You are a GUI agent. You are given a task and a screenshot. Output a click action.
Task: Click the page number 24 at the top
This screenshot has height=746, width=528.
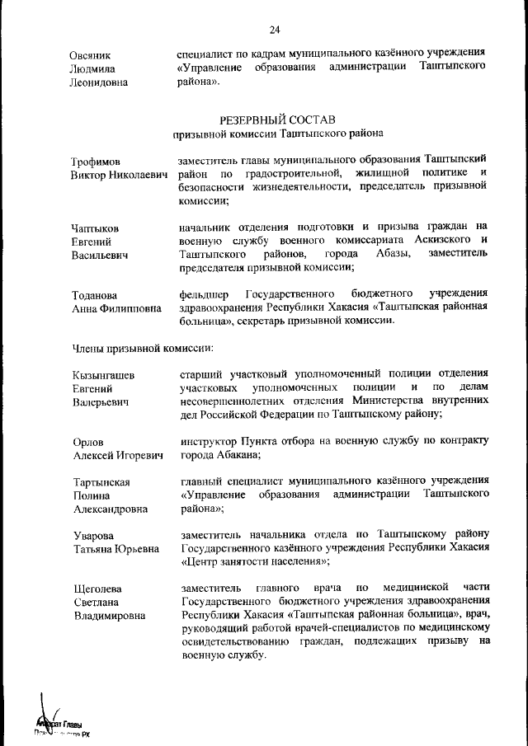(275, 30)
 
